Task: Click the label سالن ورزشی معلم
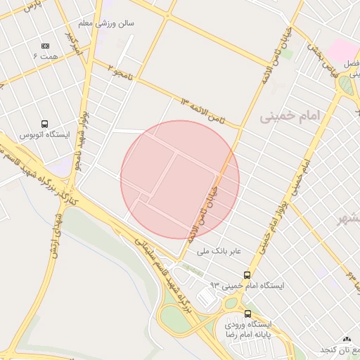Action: [x=115, y=23]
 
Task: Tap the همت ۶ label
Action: [x=46, y=55]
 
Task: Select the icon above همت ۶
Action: [x=46, y=45]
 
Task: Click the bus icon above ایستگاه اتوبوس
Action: [x=45, y=124]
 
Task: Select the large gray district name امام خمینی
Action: [x=290, y=115]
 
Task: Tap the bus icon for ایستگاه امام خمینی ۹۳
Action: [x=247, y=275]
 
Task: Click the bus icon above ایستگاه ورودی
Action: [x=247, y=314]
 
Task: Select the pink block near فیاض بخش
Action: [x=340, y=50]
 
